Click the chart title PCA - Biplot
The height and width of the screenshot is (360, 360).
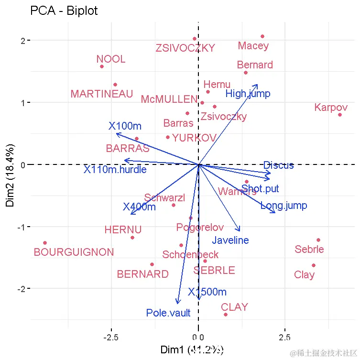[64, 11]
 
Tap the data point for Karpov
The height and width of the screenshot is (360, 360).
[339, 115]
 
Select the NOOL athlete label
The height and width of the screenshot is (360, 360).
[111, 59]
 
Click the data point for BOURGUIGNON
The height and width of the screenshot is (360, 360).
[45, 243]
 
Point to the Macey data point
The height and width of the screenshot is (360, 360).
[262, 36]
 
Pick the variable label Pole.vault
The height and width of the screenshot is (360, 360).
[168, 313]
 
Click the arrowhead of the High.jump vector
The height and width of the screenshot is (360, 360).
[257, 85]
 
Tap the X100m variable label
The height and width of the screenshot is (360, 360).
[125, 126]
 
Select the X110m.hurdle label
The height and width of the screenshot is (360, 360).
[115, 169]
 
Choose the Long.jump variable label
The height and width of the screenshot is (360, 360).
[284, 206]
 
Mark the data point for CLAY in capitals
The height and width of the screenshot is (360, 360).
[226, 315]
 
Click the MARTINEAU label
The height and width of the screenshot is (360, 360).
[102, 94]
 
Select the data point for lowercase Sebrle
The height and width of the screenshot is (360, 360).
[318, 240]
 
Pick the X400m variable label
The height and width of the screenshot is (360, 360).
[139, 207]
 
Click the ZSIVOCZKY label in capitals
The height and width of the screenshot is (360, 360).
[185, 48]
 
